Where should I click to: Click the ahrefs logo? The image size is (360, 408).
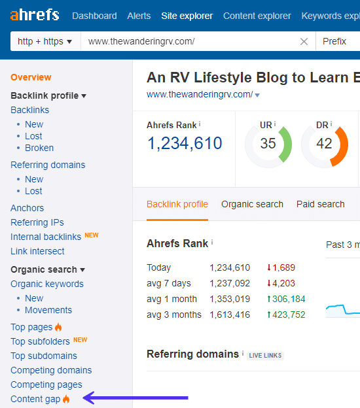(x=34, y=15)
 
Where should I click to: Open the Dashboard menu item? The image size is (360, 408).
(x=94, y=16)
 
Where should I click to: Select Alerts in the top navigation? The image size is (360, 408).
(x=139, y=16)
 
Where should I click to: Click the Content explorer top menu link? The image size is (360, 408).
(x=257, y=16)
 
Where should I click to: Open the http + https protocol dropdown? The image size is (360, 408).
(x=45, y=41)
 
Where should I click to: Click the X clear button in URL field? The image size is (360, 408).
(x=304, y=41)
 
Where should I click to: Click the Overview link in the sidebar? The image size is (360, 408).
(x=31, y=77)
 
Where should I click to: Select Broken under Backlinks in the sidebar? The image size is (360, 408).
(x=39, y=148)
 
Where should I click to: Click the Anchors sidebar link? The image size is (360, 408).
(x=27, y=208)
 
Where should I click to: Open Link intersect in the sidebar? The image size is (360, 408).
(x=37, y=251)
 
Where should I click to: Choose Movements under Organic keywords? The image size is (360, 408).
(x=48, y=310)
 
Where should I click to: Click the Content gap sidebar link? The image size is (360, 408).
(x=35, y=399)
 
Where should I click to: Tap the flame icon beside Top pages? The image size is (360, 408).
(x=58, y=327)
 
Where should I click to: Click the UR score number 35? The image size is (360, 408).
(x=268, y=144)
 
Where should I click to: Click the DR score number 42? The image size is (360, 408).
(x=324, y=144)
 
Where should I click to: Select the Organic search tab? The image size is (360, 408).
(x=252, y=204)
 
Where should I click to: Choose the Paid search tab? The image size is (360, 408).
(x=320, y=204)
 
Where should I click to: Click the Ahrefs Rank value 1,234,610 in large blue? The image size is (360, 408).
(x=185, y=143)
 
